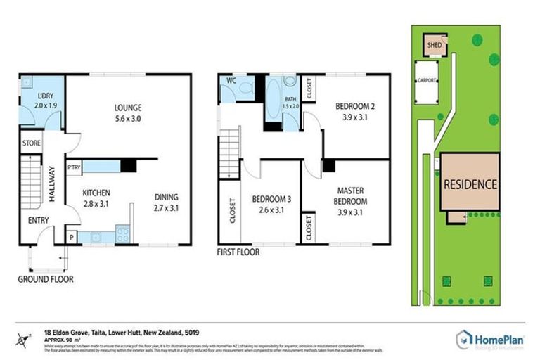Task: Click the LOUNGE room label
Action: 129,108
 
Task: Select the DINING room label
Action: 166,197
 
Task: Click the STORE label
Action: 32,143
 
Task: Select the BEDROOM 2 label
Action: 354,106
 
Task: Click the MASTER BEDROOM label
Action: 349,195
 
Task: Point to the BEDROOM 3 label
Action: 271,199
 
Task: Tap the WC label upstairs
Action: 230,81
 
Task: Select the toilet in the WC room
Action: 245,89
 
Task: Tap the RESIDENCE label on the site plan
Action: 470,185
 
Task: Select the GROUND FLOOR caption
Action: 46,278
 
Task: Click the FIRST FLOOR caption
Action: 239,252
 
